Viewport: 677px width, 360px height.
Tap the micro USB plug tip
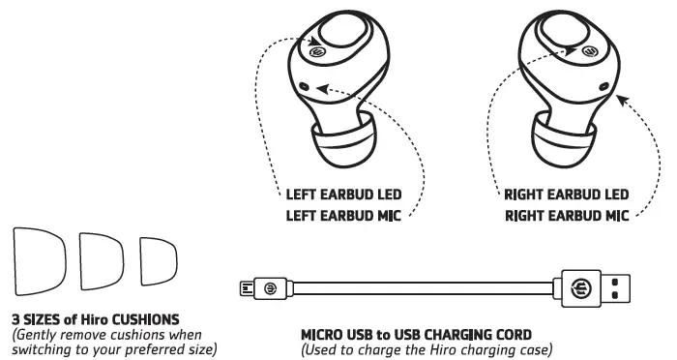(245, 287)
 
